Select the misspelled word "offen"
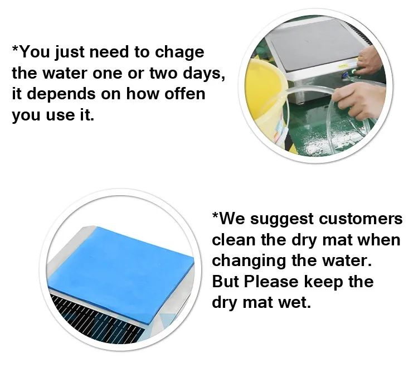tap(186, 94)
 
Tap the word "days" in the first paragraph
tap(203, 74)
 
